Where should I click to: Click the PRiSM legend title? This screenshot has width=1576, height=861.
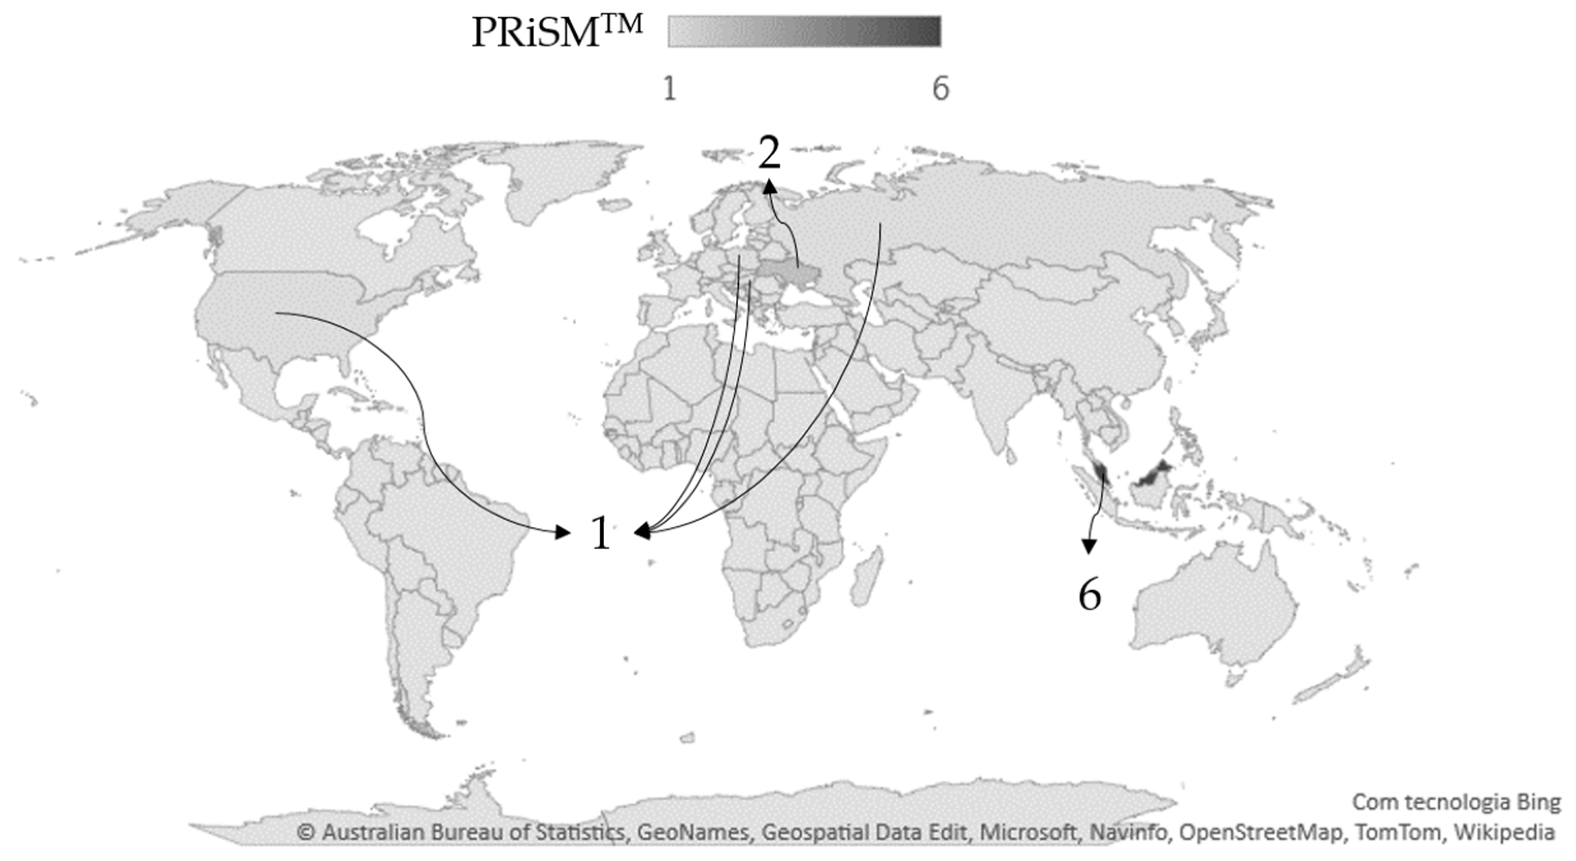(557, 32)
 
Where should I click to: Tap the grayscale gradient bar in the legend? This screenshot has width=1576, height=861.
(804, 31)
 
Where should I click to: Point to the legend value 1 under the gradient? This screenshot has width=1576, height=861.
(669, 89)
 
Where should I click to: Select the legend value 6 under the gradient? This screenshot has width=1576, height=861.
(941, 89)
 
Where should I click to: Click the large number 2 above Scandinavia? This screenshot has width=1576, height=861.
(769, 153)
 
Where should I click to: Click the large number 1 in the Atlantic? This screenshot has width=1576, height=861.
(601, 533)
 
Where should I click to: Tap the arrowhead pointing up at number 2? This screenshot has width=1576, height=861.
(769, 186)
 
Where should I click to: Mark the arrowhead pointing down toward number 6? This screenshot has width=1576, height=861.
(1088, 547)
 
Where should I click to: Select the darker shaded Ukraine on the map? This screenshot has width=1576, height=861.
(786, 274)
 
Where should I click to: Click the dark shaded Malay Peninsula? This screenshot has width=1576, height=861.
(1101, 473)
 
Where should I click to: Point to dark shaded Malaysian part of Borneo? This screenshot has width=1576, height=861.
(1153, 474)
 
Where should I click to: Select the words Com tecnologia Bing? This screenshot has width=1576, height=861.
(1456, 802)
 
